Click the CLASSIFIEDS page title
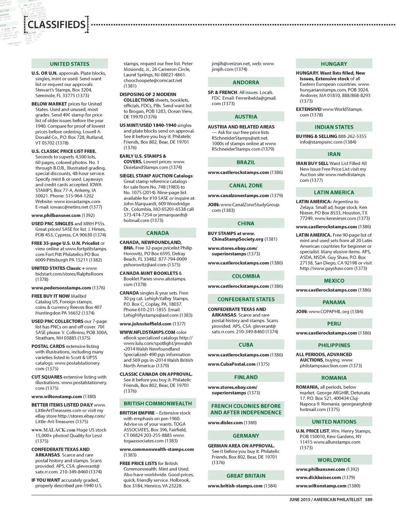56,25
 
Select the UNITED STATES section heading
70,64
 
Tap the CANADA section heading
157,233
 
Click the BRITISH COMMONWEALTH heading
157,404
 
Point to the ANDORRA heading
246,82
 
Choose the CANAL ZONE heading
246,186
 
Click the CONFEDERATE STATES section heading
246,299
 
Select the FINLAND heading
246,377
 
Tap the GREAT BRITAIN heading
246,476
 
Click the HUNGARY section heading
334,64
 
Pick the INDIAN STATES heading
334,127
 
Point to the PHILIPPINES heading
334,345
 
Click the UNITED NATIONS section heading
334,422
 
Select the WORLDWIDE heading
334,460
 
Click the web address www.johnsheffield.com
145,324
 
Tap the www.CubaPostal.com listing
232,364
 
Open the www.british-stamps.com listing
235,486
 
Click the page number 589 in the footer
369,500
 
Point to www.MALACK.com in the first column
53,430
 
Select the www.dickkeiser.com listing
318,477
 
